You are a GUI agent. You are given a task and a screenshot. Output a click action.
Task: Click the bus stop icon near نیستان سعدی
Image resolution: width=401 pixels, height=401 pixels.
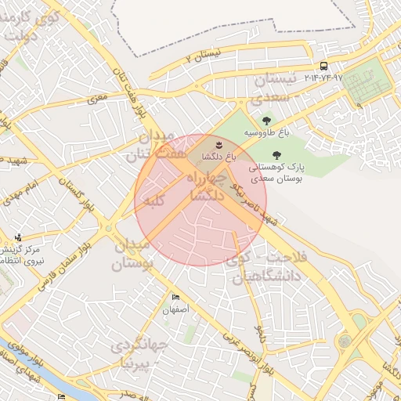323,67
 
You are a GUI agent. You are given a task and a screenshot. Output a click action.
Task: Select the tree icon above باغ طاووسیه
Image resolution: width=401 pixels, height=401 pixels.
267,121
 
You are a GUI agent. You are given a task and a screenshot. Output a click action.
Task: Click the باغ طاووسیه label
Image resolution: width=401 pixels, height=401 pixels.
266,133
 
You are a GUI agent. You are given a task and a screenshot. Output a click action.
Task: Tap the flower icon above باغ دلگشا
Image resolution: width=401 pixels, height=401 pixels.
219,145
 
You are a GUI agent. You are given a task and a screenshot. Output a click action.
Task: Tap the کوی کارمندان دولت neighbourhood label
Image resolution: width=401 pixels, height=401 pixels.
31,25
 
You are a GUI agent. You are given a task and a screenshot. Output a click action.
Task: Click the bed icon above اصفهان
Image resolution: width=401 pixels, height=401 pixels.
175,298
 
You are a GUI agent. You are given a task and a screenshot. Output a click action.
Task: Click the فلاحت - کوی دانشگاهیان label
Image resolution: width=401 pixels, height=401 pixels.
270,266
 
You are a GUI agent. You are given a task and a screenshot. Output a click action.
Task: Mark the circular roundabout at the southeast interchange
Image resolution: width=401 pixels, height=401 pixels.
345,341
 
